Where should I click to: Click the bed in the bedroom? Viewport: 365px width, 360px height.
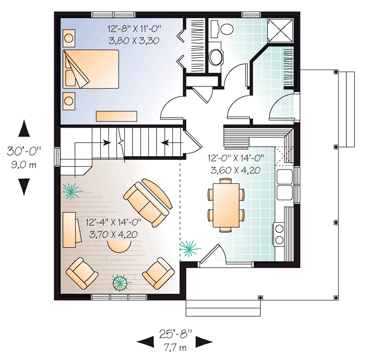pyautogui.click(x=91, y=69)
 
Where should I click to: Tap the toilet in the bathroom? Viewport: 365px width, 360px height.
pyautogui.click(x=222, y=29)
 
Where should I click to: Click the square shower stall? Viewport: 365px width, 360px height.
pyautogui.click(x=280, y=31)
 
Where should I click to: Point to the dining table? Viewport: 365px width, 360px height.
pyautogui.click(x=226, y=205)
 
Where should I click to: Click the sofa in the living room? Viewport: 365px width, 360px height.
pyautogui.click(x=148, y=203)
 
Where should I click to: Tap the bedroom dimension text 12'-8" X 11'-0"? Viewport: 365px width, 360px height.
pyautogui.click(x=134, y=29)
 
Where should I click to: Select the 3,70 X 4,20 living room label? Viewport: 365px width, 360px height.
pyautogui.click(x=113, y=234)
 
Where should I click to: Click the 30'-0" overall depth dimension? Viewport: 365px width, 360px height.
pyautogui.click(x=24, y=151)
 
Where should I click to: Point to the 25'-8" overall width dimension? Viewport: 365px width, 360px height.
pyautogui.click(x=175, y=334)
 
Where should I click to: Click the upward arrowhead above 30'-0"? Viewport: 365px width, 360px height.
pyautogui.click(x=24, y=128)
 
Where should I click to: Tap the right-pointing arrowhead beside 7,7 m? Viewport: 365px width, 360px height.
pyautogui.click(x=204, y=342)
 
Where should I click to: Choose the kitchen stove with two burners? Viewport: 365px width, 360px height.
pyautogui.click(x=279, y=234)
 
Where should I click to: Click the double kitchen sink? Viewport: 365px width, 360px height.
pyautogui.click(x=284, y=184)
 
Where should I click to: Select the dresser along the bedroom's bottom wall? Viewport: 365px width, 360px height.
pyautogui.click(x=116, y=116)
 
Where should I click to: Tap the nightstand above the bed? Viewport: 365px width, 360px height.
pyautogui.click(x=69, y=38)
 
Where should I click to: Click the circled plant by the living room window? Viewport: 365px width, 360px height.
pyautogui.click(x=120, y=283)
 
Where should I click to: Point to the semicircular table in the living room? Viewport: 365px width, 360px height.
pyautogui.click(x=119, y=246)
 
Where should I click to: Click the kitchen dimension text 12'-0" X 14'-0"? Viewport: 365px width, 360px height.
pyautogui.click(x=236, y=158)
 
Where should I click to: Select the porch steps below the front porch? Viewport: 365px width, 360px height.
pyautogui.click(x=223, y=308)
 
